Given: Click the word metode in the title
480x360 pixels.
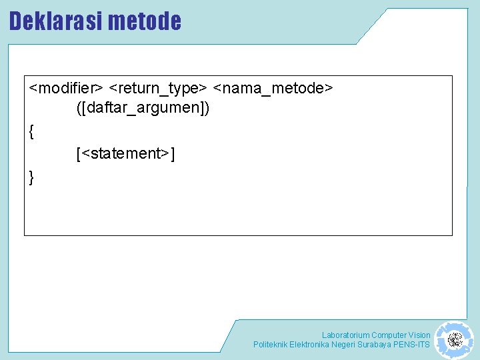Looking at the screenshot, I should tap(144, 21).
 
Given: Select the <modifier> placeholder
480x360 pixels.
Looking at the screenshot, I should tap(66, 88).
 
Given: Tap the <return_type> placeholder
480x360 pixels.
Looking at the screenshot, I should tap(158, 88).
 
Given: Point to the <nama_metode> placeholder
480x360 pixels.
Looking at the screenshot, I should tap(273, 88).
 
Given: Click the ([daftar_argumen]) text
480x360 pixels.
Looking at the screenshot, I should tap(143, 107).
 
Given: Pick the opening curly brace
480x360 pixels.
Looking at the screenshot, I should tap(32, 131).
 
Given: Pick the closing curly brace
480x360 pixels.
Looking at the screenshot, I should tap(32, 177).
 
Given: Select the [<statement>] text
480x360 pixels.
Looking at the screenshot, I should tap(125, 154).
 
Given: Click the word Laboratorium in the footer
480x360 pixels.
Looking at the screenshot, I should tap(345, 335).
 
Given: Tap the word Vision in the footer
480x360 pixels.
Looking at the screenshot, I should tap(419, 335).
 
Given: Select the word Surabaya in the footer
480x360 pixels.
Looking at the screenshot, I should tap(373, 345).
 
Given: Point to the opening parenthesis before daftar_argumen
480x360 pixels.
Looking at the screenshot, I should tap(79, 107).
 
